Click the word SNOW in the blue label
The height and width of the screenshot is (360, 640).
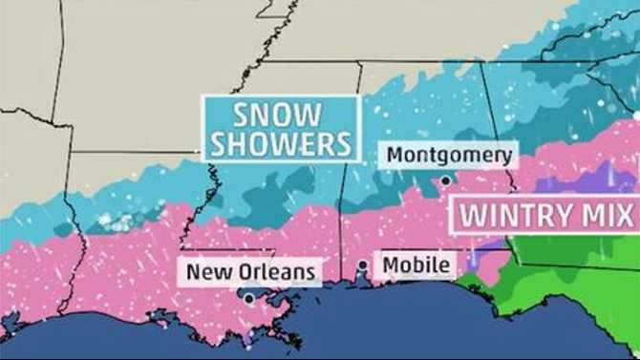click(279, 116)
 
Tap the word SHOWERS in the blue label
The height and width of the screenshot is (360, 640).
click(280, 144)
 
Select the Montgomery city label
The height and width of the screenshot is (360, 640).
click(450, 155)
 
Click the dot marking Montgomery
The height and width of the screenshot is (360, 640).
click(446, 180)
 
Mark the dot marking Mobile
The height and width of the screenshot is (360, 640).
click(363, 265)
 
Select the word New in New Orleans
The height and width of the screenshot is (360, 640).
click(205, 272)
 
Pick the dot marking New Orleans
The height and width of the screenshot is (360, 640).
click(248, 299)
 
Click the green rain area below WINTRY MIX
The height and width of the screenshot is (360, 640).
click(573, 277)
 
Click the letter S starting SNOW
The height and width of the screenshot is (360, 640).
click(242, 116)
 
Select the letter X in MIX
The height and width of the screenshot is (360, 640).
click(626, 215)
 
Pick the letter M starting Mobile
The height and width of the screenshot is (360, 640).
click(389, 264)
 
